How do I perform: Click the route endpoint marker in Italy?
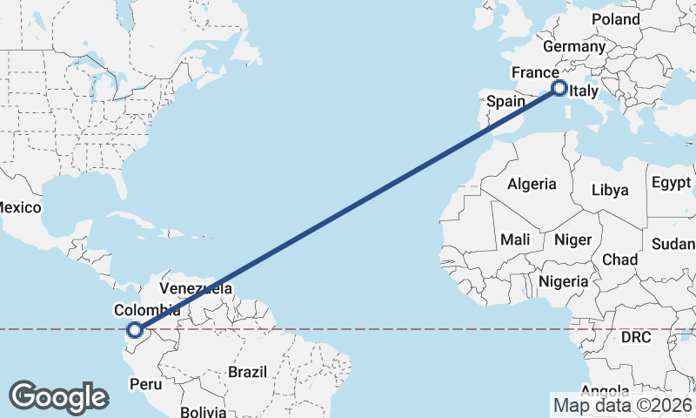(x=559, y=88)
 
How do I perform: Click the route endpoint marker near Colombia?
(x=134, y=329)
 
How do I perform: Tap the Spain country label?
(x=505, y=101)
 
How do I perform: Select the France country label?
(x=535, y=72)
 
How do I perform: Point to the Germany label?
(x=572, y=46)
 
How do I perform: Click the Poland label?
(x=615, y=19)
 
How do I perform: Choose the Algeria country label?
(x=532, y=184)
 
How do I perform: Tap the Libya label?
(x=610, y=190)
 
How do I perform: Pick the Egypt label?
(x=671, y=183)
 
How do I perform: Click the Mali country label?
(x=515, y=239)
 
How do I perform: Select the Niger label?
(x=572, y=239)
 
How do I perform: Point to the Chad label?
(x=619, y=260)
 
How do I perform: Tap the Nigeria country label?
(x=564, y=281)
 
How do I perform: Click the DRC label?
(x=637, y=336)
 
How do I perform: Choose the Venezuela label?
(x=196, y=288)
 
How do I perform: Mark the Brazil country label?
(x=246, y=372)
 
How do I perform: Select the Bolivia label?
(x=204, y=410)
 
